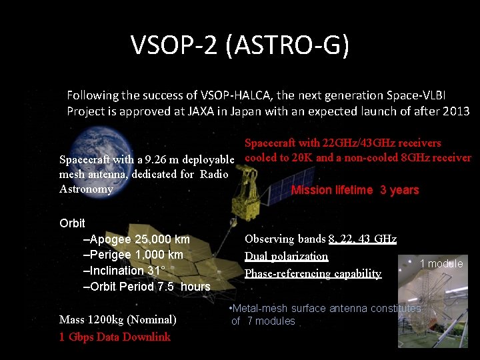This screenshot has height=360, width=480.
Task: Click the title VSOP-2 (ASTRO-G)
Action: click(x=240, y=46)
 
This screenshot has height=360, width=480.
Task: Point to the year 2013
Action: click(x=455, y=111)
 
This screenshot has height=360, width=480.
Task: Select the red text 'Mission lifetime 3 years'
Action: click(x=355, y=190)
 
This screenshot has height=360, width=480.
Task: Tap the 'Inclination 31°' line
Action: click(x=127, y=271)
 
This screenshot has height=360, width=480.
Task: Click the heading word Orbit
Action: click(x=72, y=223)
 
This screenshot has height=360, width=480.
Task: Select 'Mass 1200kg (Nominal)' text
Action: click(x=118, y=319)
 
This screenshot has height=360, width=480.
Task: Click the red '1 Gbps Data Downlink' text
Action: click(x=115, y=337)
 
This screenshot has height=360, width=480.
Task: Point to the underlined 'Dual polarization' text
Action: click(x=286, y=256)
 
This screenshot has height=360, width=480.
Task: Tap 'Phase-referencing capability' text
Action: click(x=313, y=273)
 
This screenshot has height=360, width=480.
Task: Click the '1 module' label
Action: click(x=441, y=263)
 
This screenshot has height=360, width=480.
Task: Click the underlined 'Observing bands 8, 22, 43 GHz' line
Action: click(x=320, y=239)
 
